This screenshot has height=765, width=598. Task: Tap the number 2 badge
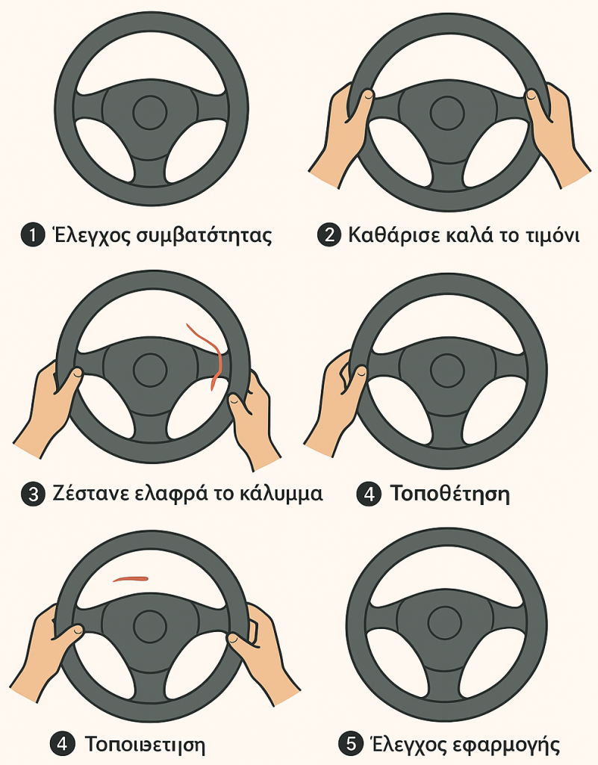coord(328,236)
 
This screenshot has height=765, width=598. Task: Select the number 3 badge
coord(32,495)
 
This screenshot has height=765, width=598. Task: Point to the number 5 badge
coord(349,743)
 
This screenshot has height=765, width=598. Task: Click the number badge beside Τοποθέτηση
coord(369,494)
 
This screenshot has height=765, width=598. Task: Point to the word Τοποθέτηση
coord(449,494)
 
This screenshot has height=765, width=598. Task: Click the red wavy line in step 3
coord(210,351)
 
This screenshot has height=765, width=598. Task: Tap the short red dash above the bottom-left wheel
coord(131,577)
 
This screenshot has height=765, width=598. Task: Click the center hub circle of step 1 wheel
coord(149,112)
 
